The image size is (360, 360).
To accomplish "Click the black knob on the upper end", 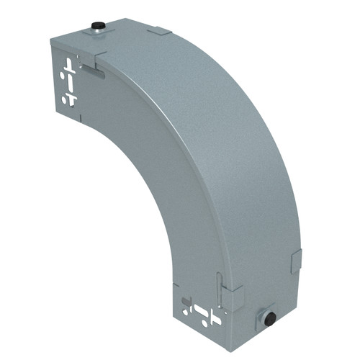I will coord(96,27).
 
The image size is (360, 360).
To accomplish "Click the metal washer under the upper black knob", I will coord(96,31).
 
